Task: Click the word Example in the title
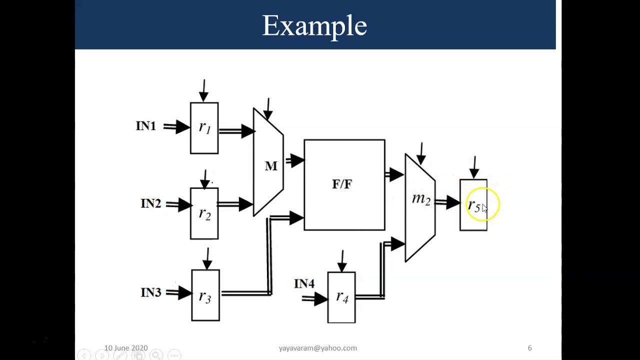point(314,25)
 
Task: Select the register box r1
point(204,128)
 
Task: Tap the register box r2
point(204,213)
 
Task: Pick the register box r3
point(205,295)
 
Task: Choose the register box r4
point(341,297)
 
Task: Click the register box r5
point(473,205)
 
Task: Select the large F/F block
point(344,185)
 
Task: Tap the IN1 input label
point(145,126)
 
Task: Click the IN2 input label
point(150,204)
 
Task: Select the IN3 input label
point(150,292)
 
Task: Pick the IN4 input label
point(304,284)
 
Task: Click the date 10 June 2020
point(126,348)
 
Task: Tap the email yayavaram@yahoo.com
point(318,348)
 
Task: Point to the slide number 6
point(529,348)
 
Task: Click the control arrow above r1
point(203,90)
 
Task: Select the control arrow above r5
point(474,167)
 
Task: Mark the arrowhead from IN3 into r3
point(184,293)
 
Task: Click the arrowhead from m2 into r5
point(453,202)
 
